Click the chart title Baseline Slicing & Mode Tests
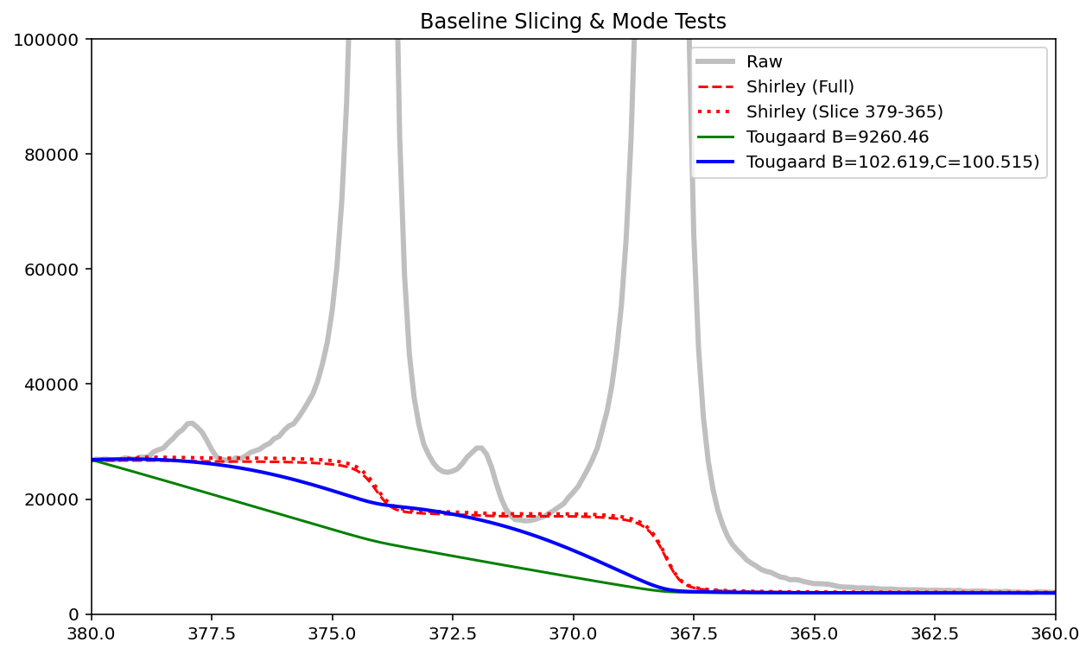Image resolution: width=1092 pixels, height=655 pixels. (x=573, y=22)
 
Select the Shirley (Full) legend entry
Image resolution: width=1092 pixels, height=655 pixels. (x=800, y=87)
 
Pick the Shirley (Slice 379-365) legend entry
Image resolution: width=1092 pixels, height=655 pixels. (x=844, y=111)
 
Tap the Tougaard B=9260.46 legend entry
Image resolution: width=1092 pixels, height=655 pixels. (x=825, y=137)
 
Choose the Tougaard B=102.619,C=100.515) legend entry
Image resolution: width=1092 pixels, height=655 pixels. (x=892, y=162)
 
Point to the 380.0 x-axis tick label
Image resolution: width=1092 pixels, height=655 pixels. (x=92, y=633)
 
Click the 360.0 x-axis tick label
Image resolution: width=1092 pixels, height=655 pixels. (x=1055, y=633)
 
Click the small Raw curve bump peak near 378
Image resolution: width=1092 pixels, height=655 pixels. (x=190, y=423)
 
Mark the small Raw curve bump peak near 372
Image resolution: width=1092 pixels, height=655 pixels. (x=479, y=448)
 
